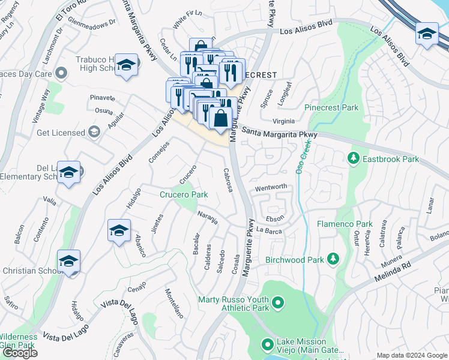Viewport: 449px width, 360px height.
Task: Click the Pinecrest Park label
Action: (x=331, y=108)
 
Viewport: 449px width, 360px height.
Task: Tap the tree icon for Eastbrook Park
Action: (x=354, y=158)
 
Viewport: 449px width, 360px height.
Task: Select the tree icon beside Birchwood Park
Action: (x=333, y=259)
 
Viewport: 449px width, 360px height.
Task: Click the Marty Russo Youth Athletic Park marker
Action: (x=278, y=304)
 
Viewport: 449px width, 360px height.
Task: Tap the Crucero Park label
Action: (x=183, y=194)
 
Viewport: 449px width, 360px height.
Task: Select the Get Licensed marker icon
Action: (x=94, y=131)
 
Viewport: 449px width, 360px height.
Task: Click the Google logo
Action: (x=19, y=352)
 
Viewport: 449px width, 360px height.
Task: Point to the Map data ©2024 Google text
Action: (x=412, y=355)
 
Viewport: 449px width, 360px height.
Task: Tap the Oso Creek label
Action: (x=306, y=154)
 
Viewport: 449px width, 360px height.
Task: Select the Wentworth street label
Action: (x=271, y=187)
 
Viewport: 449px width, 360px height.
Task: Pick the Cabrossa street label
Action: (x=228, y=179)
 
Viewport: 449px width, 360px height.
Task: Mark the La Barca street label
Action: (x=268, y=230)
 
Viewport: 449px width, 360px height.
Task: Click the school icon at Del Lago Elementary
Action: (x=70, y=173)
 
